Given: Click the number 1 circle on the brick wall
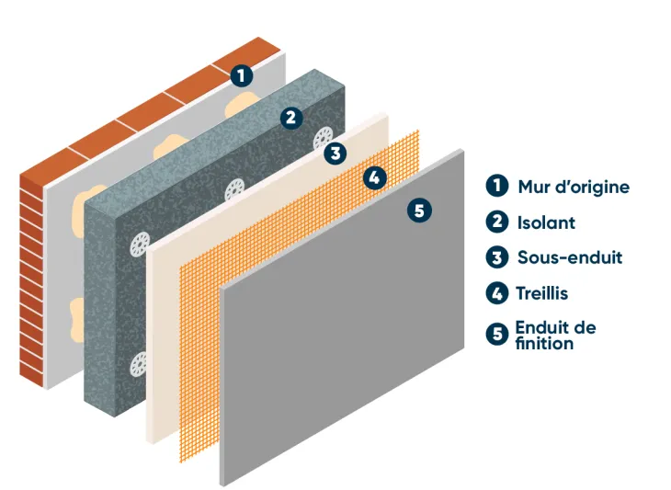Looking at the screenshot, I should (241, 76).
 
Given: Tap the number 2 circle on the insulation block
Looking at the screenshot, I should (290, 118).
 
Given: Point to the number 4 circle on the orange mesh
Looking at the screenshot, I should (373, 178).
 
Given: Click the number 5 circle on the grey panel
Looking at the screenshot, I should (418, 211).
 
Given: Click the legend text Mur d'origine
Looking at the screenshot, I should (574, 187).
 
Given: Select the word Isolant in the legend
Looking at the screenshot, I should (546, 222).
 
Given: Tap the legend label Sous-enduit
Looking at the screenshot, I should (569, 257).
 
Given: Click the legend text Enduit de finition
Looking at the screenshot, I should (555, 335).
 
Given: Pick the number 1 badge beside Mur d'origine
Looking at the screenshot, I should (497, 186).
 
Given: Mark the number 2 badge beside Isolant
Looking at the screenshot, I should (497, 222).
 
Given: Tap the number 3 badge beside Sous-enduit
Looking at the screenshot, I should (497, 257).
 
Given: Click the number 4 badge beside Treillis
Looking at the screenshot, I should (497, 293).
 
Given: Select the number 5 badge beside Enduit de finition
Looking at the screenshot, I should (497, 334).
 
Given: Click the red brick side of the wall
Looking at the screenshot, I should (32, 276).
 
